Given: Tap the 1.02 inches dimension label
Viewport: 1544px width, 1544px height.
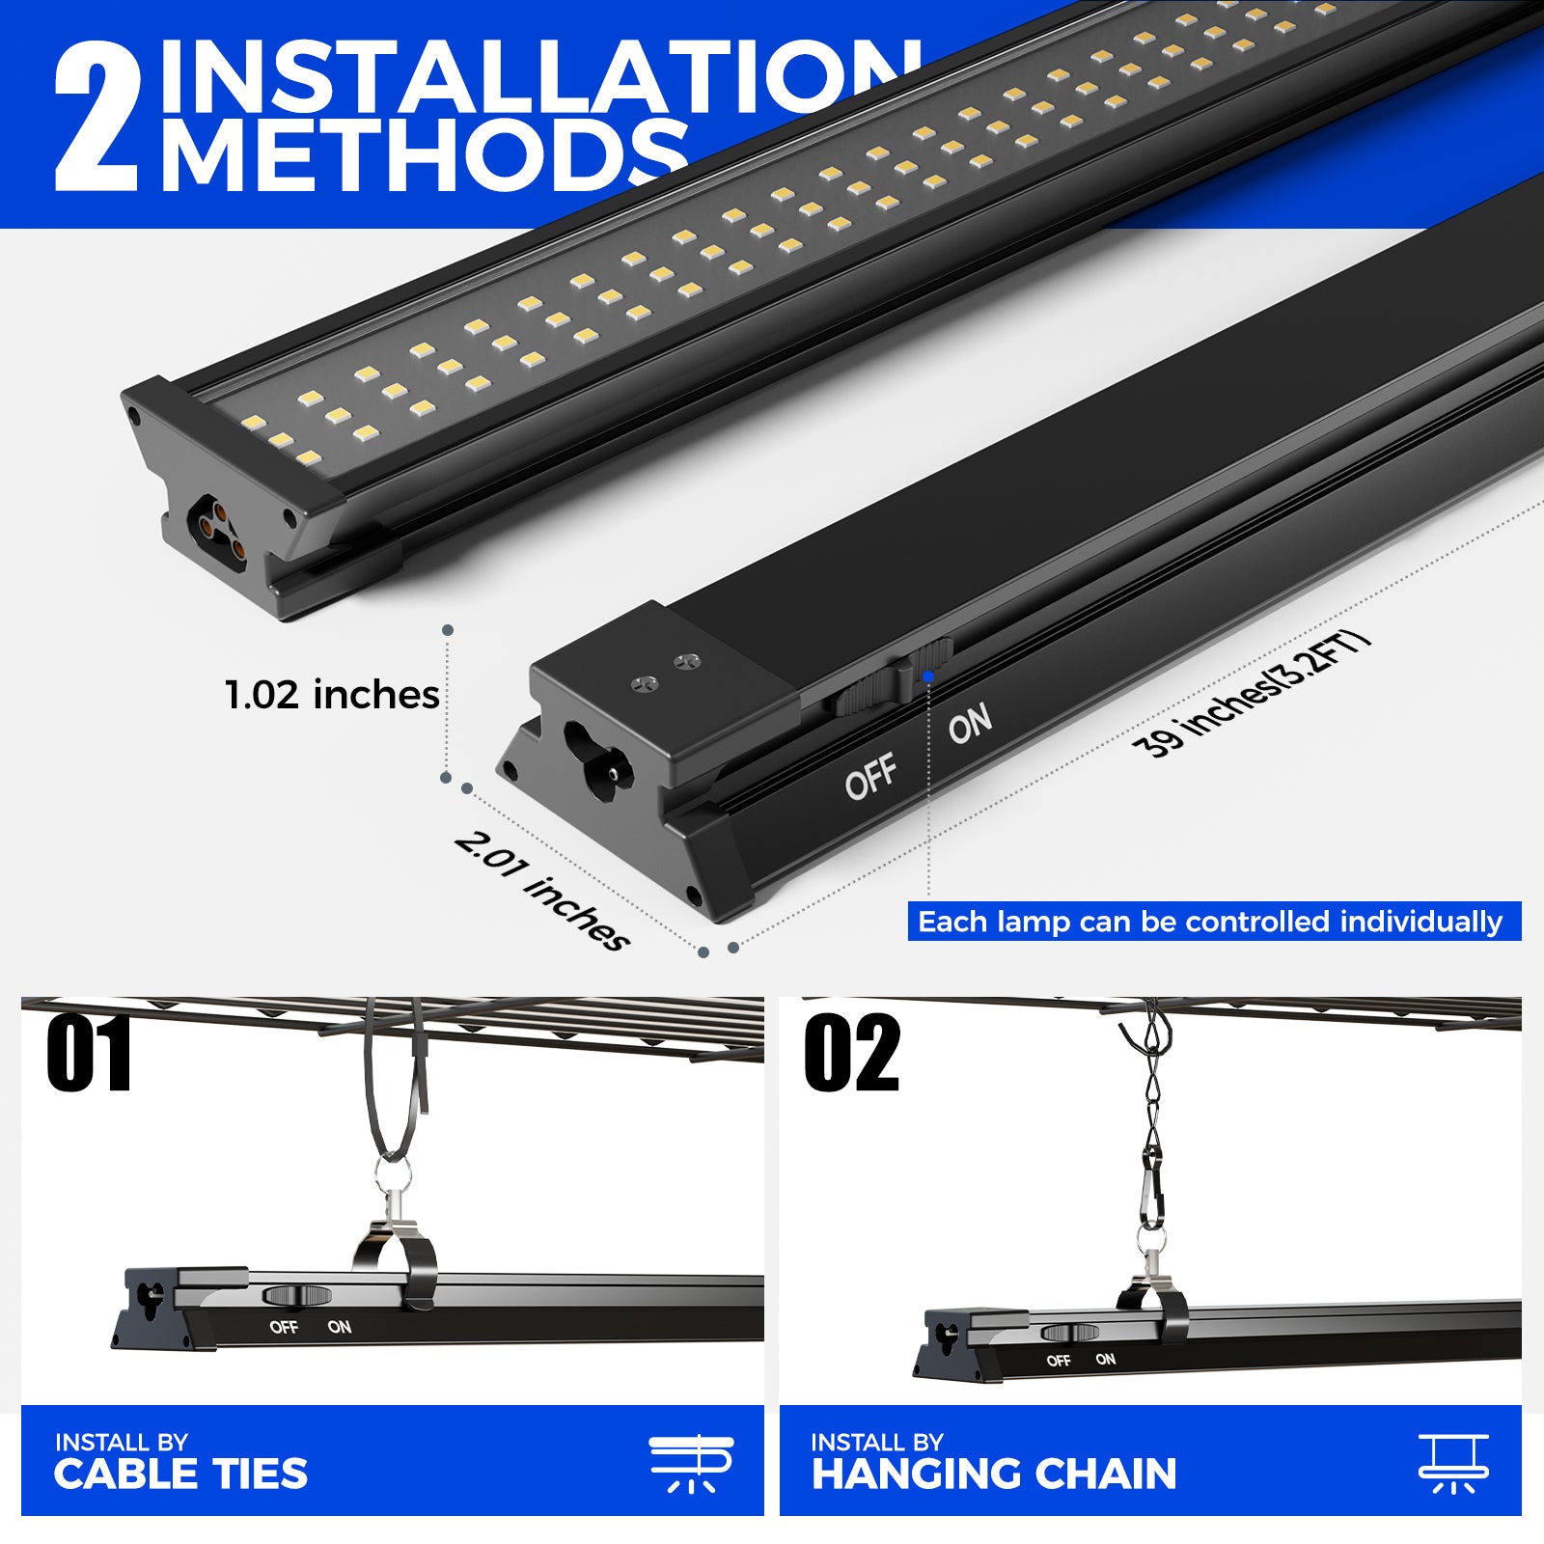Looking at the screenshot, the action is click(332, 695).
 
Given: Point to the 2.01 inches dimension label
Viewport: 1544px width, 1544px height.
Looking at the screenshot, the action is click(542, 890).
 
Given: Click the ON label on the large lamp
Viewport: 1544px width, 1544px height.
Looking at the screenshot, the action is click(970, 723).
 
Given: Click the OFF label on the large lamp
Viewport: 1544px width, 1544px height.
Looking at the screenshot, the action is click(871, 776).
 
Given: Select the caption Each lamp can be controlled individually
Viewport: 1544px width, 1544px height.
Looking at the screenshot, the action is click(1210, 922).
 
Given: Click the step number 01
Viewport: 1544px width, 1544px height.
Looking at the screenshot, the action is click(89, 1053).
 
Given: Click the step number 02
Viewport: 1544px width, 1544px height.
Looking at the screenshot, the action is click(851, 1053).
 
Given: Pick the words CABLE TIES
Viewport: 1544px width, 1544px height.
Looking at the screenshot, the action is click(180, 1474).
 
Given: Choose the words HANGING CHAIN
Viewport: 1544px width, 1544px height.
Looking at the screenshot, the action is click(994, 1474).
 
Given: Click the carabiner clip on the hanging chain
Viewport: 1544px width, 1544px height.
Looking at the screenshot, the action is click(1151, 1197).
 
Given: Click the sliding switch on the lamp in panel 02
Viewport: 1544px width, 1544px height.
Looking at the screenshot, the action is click(1070, 1333).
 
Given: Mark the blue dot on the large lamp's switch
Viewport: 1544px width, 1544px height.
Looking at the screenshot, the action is click(928, 676).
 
